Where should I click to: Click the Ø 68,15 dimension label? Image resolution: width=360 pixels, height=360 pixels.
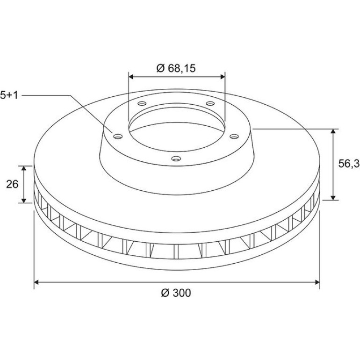176,68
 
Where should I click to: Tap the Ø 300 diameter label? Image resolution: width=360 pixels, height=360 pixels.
176,293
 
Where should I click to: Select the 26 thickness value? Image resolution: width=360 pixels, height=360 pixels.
12,184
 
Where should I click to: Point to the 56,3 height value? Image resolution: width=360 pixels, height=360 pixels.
348,164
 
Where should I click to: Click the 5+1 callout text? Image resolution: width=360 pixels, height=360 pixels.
9,95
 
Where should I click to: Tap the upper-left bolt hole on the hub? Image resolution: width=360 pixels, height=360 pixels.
142,103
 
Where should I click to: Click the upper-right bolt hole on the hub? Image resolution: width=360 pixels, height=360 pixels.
210,103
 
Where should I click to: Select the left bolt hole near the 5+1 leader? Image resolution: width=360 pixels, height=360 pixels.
118,137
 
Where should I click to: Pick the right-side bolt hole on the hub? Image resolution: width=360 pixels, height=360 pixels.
234,137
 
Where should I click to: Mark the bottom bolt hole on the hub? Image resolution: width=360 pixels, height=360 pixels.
176,158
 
